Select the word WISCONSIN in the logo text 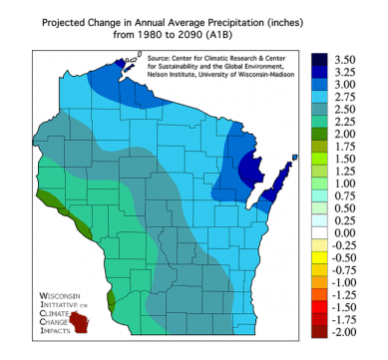(64, 297)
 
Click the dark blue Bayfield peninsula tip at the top (122, 63)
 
